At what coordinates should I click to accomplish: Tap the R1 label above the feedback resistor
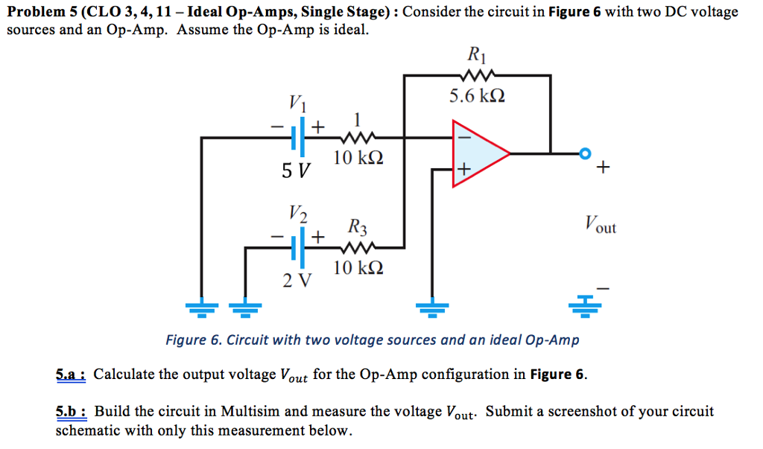point(475,54)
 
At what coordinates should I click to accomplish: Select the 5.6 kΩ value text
point(476,96)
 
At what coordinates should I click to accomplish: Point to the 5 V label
point(295,171)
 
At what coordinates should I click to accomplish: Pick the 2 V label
point(297,281)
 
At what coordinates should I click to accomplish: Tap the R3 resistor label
point(357,226)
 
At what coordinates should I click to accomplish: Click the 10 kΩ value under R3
point(358,268)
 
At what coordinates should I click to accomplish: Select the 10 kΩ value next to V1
point(358,158)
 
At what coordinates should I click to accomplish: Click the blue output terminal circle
point(586,153)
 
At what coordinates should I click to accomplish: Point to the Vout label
point(600,224)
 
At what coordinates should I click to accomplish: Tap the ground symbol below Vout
point(585,306)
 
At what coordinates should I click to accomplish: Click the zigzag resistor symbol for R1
point(477,74)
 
